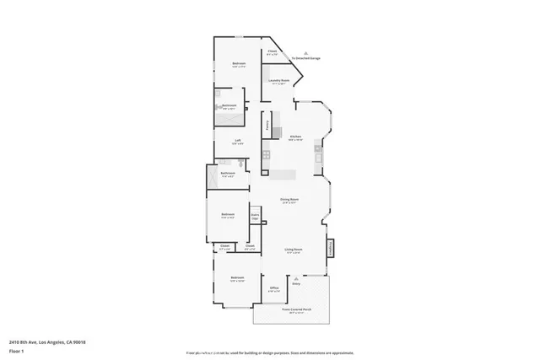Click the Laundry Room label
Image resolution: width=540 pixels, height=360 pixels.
280,81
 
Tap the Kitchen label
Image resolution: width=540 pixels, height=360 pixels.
295,137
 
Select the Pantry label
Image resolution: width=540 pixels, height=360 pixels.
267,126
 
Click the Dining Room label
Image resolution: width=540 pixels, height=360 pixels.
291,200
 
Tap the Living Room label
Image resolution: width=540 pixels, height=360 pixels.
294,250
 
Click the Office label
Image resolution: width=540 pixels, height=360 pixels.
273,288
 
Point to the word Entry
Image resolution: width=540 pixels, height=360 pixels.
296,284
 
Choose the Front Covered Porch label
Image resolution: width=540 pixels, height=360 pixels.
292,309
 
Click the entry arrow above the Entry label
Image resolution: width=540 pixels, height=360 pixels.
296,278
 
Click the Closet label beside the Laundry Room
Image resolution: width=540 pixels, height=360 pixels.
273,53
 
